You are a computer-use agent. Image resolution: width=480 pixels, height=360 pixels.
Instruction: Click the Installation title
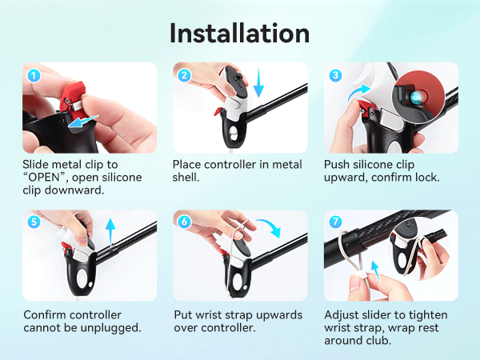tap(240, 33)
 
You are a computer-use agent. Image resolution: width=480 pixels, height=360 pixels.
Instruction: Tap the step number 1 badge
tap(34, 75)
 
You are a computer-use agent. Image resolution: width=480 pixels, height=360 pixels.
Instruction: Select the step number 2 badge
tap(184, 75)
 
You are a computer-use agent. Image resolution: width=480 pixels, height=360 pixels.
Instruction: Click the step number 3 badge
tap(335, 75)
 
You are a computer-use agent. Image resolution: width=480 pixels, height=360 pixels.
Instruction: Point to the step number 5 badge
tap(34, 222)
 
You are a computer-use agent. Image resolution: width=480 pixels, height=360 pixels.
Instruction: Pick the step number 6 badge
tap(184, 222)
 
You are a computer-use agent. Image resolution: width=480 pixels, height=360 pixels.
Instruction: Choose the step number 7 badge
tap(335, 222)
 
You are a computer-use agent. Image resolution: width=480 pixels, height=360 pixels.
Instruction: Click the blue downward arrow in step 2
tap(258, 82)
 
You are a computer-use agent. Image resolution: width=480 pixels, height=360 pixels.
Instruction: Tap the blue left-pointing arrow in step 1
tap(82, 122)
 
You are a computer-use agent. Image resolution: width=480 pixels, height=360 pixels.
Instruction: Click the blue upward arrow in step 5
tap(110, 232)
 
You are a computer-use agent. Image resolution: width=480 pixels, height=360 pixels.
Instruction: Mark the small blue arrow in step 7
tap(375, 270)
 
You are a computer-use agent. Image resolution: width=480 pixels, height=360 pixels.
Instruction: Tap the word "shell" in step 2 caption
tap(184, 178)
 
